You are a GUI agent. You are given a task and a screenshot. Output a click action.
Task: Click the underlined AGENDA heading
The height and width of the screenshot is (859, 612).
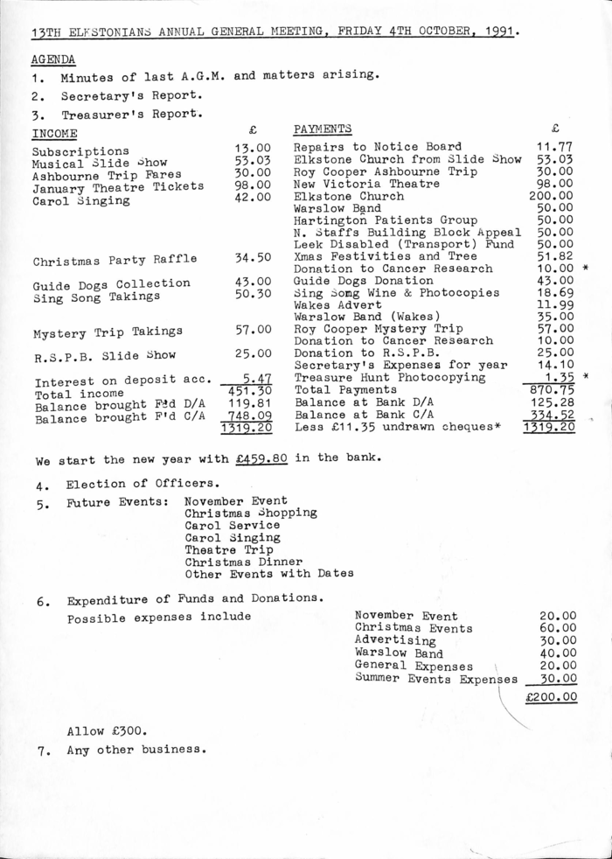[x=52, y=60]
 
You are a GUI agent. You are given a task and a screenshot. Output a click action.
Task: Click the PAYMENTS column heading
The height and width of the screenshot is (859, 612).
[x=323, y=129]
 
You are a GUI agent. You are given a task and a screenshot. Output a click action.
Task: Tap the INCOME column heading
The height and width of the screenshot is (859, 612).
[x=54, y=133]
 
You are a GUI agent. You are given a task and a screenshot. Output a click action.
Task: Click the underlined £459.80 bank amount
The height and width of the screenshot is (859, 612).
[x=265, y=457]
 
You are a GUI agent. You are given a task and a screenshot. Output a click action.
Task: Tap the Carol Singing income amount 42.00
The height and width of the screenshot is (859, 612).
[x=254, y=197]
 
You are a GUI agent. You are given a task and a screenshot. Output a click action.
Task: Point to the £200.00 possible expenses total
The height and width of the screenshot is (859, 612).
[x=552, y=697]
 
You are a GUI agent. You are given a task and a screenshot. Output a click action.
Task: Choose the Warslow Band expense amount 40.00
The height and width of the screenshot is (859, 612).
[x=558, y=653]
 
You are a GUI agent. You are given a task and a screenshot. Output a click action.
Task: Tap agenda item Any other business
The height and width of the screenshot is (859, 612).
[x=136, y=750]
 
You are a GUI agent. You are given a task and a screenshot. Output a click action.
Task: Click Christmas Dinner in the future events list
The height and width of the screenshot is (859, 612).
[x=243, y=562]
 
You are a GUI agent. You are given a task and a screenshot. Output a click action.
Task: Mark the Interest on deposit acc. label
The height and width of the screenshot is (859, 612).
[x=122, y=381]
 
